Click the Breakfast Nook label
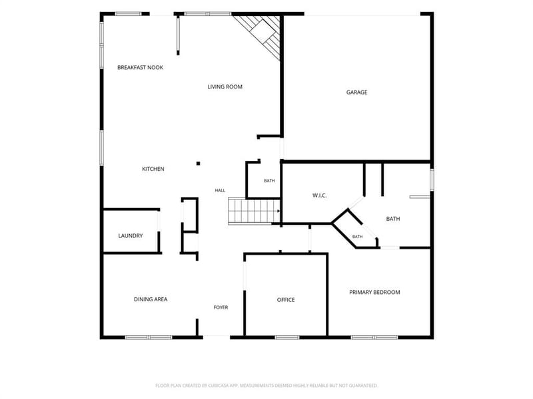pos(140,68)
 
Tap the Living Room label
pos(225,87)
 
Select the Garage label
pos(356,92)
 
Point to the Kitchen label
pos(153,169)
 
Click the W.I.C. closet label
pos(319,196)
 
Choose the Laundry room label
pos(130,236)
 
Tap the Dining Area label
pos(151,299)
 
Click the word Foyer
pos(221,307)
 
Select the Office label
pos(286,300)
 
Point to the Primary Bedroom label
pos(374,292)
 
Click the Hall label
pos(220,190)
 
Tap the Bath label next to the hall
pos(269,181)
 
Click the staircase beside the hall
pos(254,211)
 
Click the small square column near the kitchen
pos(198,164)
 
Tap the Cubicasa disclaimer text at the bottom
pos(266,386)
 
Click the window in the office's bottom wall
pos(287,337)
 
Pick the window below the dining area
pos(149,337)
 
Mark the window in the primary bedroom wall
pos(374,337)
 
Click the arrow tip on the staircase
pos(279,211)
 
